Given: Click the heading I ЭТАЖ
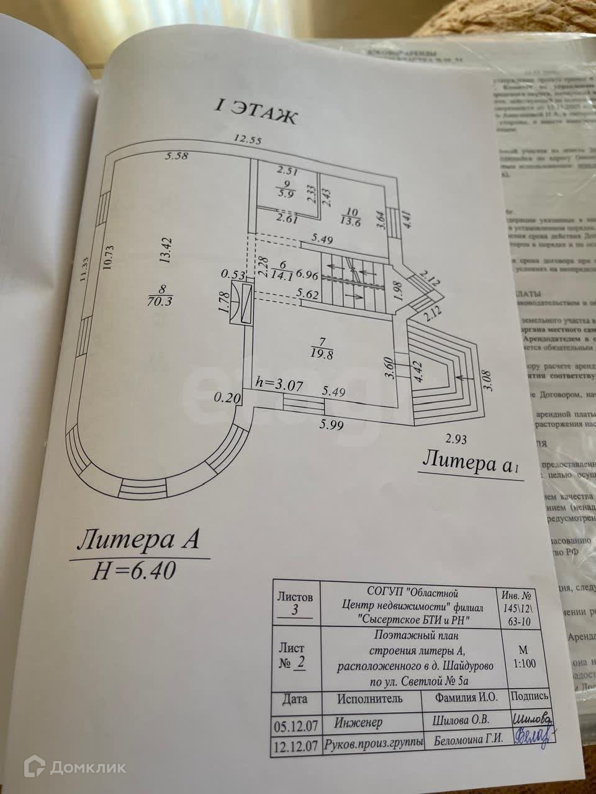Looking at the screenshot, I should pyautogui.click(x=256, y=112).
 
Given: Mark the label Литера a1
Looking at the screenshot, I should pyautogui.click(x=470, y=464).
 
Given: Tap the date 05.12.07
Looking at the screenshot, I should pyautogui.click(x=293, y=724).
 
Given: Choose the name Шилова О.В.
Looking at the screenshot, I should pyautogui.click(x=461, y=721).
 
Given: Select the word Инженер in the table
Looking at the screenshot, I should pyautogui.click(x=359, y=723).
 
